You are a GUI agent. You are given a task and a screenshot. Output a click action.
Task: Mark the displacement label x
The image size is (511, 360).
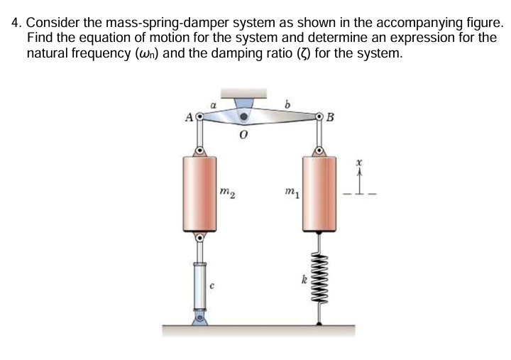pos(359,163)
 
